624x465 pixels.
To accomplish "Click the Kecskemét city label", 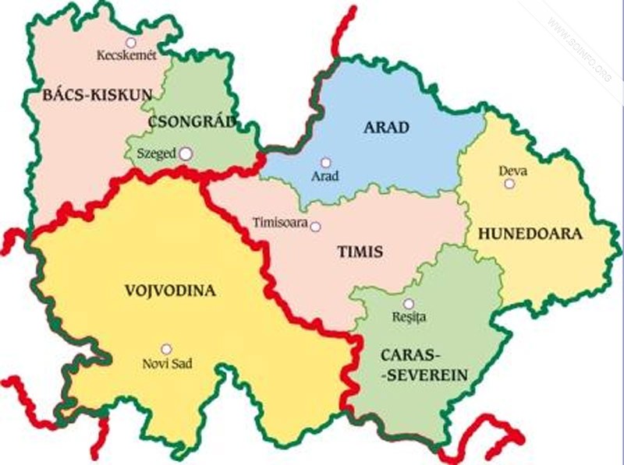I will (x=126, y=55).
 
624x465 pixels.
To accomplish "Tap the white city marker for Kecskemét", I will (x=130, y=42).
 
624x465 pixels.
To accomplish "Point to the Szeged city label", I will (x=156, y=154).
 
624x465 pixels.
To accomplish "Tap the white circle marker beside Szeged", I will (x=186, y=154).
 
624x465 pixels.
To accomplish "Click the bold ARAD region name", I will (x=386, y=127).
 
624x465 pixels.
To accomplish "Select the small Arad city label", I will (x=325, y=177).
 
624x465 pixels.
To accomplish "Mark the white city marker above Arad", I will (x=325, y=163).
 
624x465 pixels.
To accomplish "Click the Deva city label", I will (x=509, y=170).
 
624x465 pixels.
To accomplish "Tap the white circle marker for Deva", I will (x=509, y=184).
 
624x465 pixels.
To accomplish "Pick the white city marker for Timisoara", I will (x=316, y=227).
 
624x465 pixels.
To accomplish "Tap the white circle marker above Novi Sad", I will (x=166, y=349).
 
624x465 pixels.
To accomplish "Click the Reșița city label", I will (x=409, y=318).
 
